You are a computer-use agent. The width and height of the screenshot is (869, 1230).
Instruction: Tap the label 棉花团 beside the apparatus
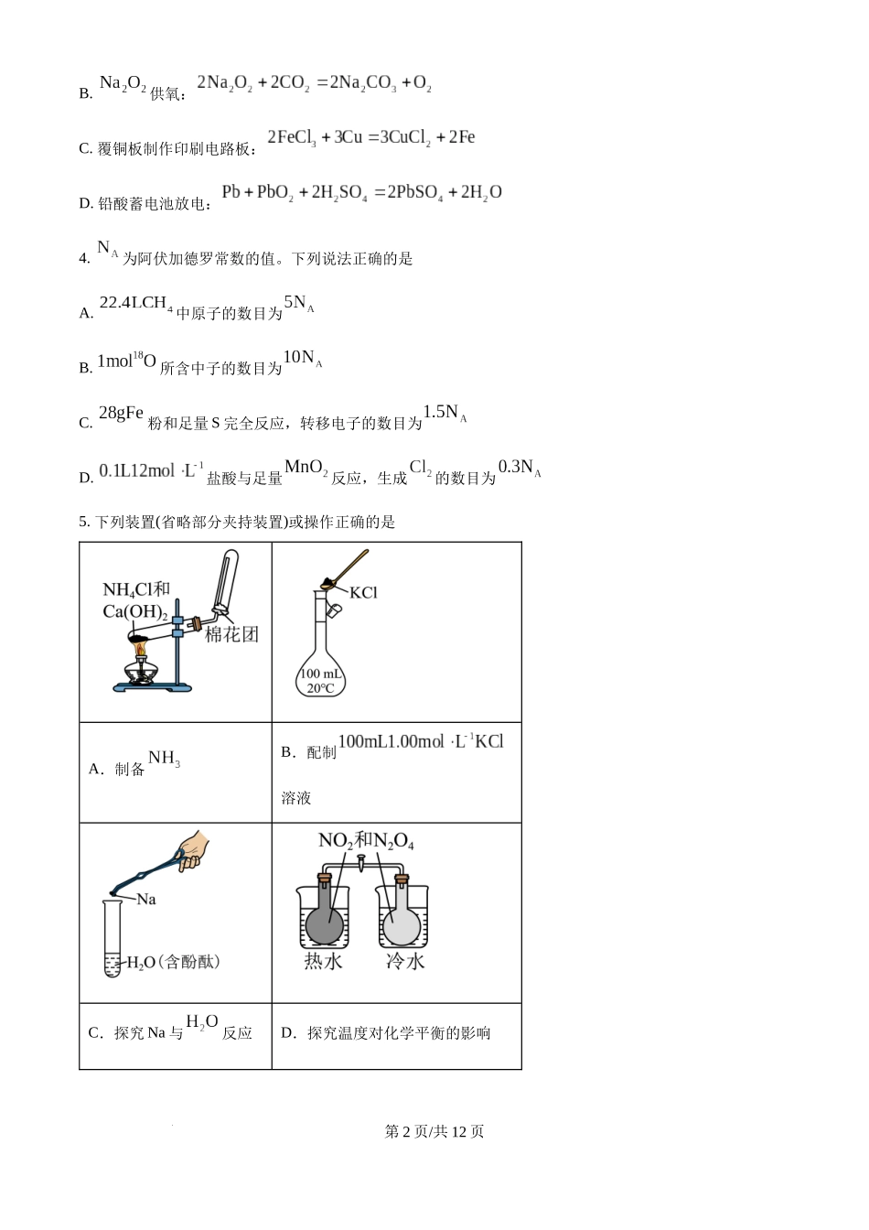point(231,634)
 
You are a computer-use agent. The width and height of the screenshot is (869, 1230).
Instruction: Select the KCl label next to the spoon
point(363,593)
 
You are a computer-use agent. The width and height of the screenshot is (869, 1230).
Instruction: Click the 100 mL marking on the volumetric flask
point(320,674)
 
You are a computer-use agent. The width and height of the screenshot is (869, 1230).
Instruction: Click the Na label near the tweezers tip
point(146,899)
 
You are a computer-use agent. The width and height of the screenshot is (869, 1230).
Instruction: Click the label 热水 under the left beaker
point(323,961)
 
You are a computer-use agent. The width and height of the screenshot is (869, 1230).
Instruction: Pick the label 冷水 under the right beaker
point(404,961)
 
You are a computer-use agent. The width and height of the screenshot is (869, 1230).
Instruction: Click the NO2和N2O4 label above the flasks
point(366,840)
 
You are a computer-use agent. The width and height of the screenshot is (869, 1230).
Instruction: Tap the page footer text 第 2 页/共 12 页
point(434,1131)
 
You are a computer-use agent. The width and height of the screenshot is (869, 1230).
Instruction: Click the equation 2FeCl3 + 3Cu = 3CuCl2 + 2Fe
point(370,137)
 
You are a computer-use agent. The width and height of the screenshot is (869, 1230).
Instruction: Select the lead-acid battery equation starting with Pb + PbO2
point(361,192)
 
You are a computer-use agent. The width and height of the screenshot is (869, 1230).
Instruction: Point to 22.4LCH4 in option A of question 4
point(135,303)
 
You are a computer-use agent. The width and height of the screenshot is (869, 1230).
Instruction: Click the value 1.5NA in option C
point(445,413)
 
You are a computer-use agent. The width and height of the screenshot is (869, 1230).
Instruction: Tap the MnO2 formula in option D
point(306,468)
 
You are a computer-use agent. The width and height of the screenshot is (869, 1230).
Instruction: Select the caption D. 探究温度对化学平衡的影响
point(385,1033)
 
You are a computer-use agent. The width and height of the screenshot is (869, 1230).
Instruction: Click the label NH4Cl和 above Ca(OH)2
point(136,589)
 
